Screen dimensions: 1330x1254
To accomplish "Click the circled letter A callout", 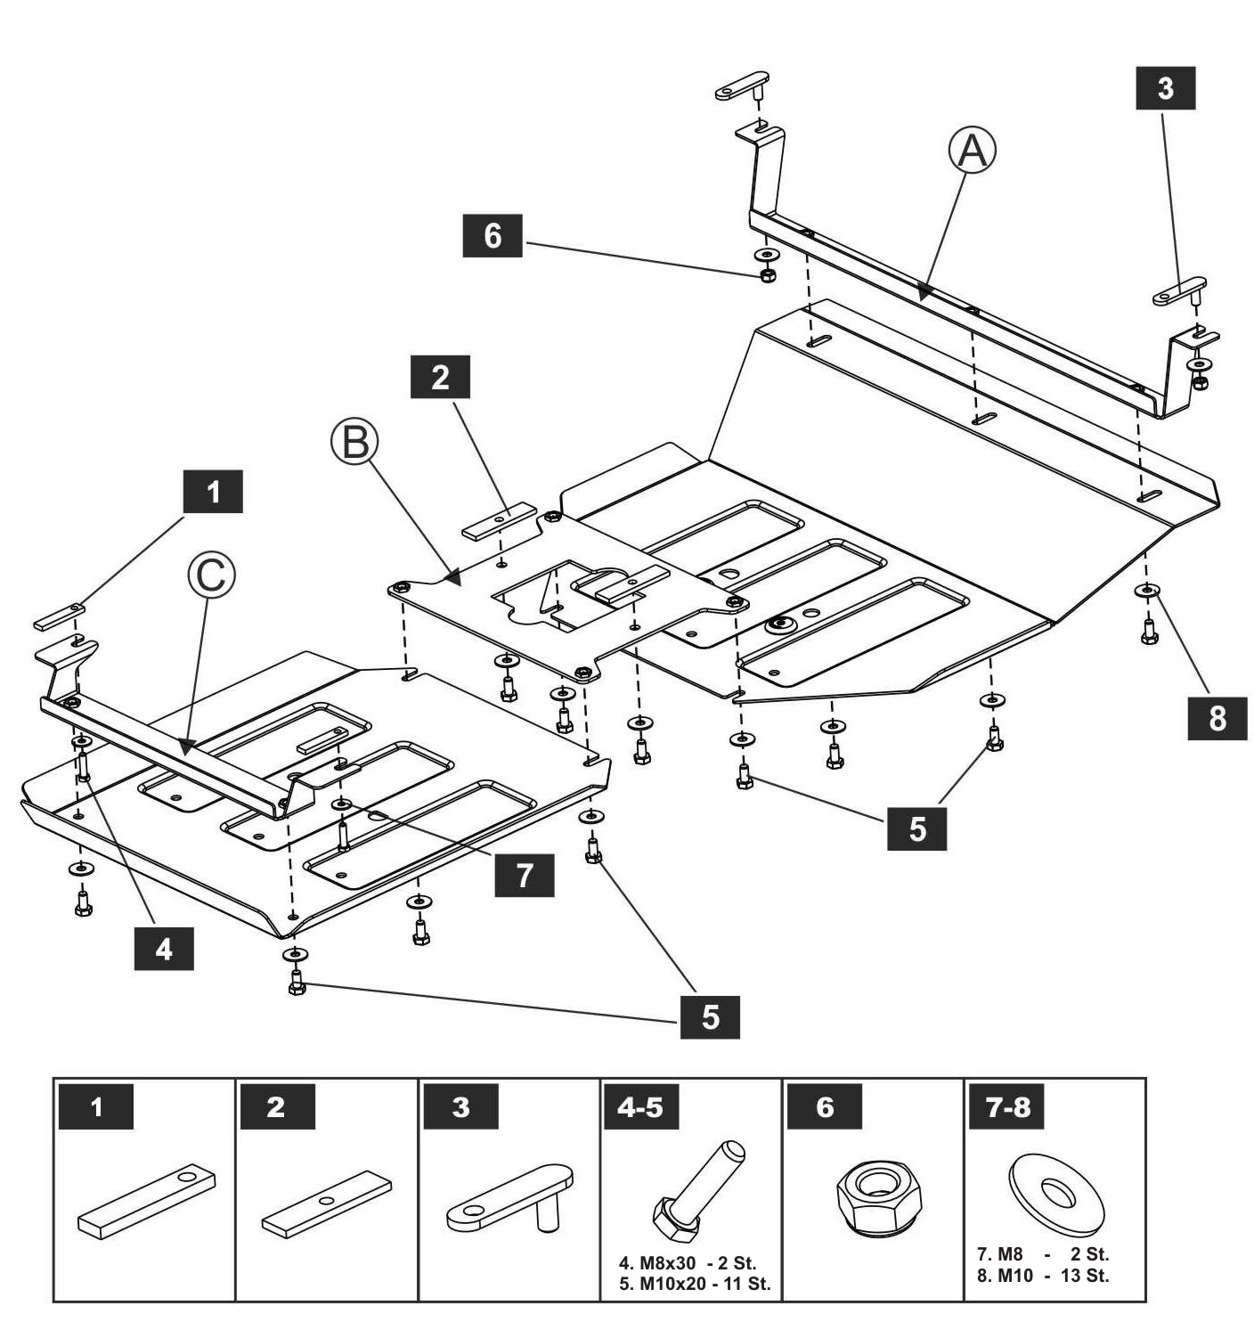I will coord(972,151).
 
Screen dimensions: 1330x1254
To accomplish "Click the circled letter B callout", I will coord(354,441).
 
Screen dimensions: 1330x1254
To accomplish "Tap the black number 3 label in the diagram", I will coord(1165,88).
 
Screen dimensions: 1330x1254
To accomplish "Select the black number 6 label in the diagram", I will coord(493,236).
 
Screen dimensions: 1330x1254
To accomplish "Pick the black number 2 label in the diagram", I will coord(440,377).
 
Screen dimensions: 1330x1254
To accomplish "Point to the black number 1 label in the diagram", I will coord(213,491).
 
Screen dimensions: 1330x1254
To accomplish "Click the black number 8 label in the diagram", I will coord(1217,718).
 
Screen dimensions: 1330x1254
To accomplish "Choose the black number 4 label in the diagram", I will coord(164,949).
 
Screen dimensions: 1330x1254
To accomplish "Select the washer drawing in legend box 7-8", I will coord(1056,1192).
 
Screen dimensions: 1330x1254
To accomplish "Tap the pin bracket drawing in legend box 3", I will coord(510,1196).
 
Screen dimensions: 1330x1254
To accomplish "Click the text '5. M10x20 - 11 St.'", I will coord(695,1284).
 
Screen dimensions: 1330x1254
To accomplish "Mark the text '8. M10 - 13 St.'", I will coord(1043,1276).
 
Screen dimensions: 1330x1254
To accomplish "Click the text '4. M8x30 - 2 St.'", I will coord(687,1262).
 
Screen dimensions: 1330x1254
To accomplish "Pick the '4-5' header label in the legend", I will coord(640,1107).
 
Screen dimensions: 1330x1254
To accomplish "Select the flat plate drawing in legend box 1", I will coord(147,1201).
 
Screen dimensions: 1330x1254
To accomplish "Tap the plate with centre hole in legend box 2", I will coord(326,1204).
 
